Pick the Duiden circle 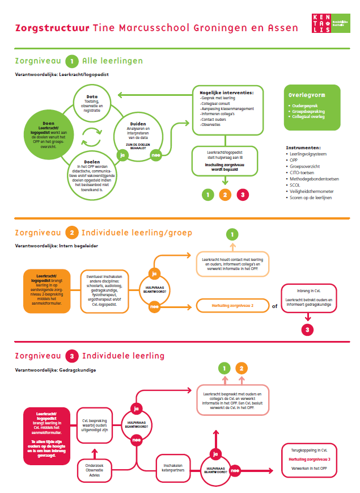pyautogui.click(x=138, y=132)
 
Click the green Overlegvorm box pyautogui.click(x=311, y=107)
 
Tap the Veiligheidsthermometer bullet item pyautogui.click(x=318, y=191)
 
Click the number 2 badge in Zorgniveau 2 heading pyautogui.click(x=72, y=233)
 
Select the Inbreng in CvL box pyautogui.click(x=308, y=298)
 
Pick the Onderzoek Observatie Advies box pyautogui.click(x=95, y=469)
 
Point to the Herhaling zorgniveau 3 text pyautogui.click(x=309, y=458)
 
